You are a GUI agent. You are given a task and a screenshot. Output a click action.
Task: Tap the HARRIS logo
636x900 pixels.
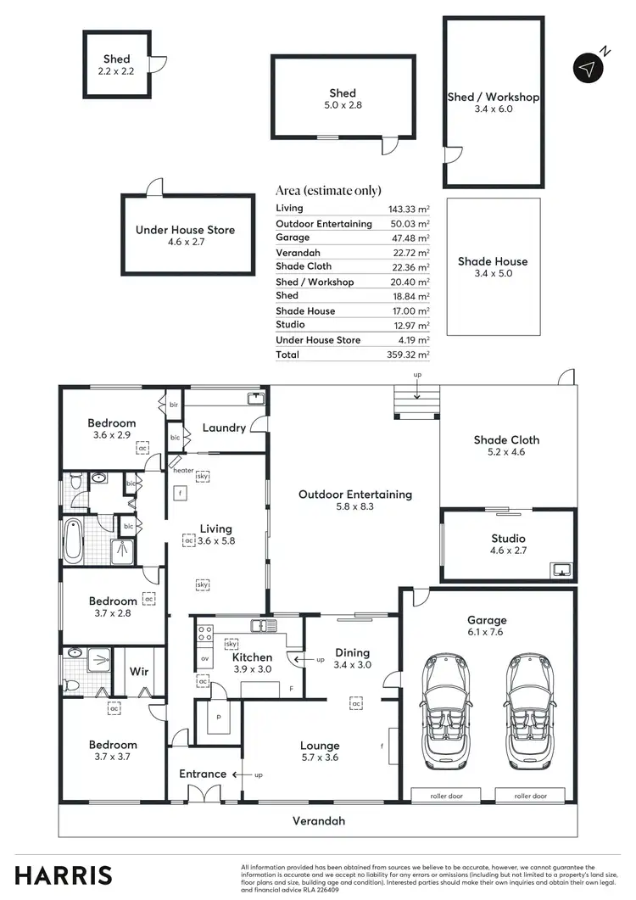point(64,875)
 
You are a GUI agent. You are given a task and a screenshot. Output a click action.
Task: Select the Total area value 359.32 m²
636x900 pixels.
point(409,355)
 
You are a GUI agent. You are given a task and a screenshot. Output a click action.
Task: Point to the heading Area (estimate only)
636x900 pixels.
point(328,190)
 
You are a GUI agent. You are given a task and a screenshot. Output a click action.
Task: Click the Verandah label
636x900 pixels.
point(319,821)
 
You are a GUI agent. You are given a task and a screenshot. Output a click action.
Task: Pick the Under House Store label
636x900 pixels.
point(185,230)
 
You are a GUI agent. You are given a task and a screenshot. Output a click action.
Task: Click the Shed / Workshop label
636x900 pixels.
point(493,98)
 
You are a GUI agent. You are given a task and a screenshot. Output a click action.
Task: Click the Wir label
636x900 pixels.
point(139,672)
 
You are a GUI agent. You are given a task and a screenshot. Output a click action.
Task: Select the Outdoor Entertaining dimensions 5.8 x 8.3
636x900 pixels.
point(354,506)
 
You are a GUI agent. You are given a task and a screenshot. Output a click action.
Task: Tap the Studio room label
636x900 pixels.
point(508,539)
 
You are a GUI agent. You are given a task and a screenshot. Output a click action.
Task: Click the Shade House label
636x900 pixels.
point(493,261)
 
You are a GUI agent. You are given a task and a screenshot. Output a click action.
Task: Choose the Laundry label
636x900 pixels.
point(224,428)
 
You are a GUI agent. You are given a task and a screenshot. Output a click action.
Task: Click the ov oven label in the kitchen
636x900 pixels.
point(204,658)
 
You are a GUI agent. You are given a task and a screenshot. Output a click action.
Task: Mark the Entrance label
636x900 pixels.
point(202,774)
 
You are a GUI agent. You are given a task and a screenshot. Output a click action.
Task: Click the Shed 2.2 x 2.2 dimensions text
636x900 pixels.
point(116,71)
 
